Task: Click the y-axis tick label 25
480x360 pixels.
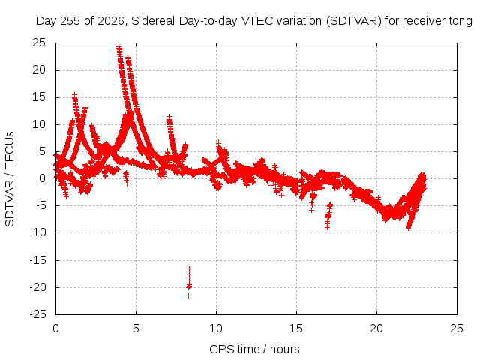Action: [x=39, y=43]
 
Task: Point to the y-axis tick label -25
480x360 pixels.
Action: [x=37, y=314]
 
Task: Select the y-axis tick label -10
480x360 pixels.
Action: [x=37, y=232]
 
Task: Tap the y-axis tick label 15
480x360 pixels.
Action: [x=39, y=97]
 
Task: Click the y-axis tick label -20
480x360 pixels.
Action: [x=37, y=287]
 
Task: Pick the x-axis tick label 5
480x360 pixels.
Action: [x=136, y=328]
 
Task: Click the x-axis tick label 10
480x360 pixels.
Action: [x=216, y=328]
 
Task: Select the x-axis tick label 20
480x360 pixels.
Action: [x=376, y=328]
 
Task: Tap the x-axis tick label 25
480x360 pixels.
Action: [x=457, y=328]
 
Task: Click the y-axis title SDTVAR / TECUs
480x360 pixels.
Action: [x=10, y=179]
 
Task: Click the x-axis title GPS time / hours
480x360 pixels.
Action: [x=254, y=349]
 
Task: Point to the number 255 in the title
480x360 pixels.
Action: [x=70, y=21]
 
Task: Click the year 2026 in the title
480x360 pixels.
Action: [x=111, y=21]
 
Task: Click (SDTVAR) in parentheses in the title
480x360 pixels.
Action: [x=353, y=21]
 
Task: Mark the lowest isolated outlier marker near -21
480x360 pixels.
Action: [x=188, y=295]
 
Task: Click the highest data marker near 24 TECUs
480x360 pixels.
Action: [x=119, y=47]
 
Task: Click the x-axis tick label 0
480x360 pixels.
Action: [x=55, y=328]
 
